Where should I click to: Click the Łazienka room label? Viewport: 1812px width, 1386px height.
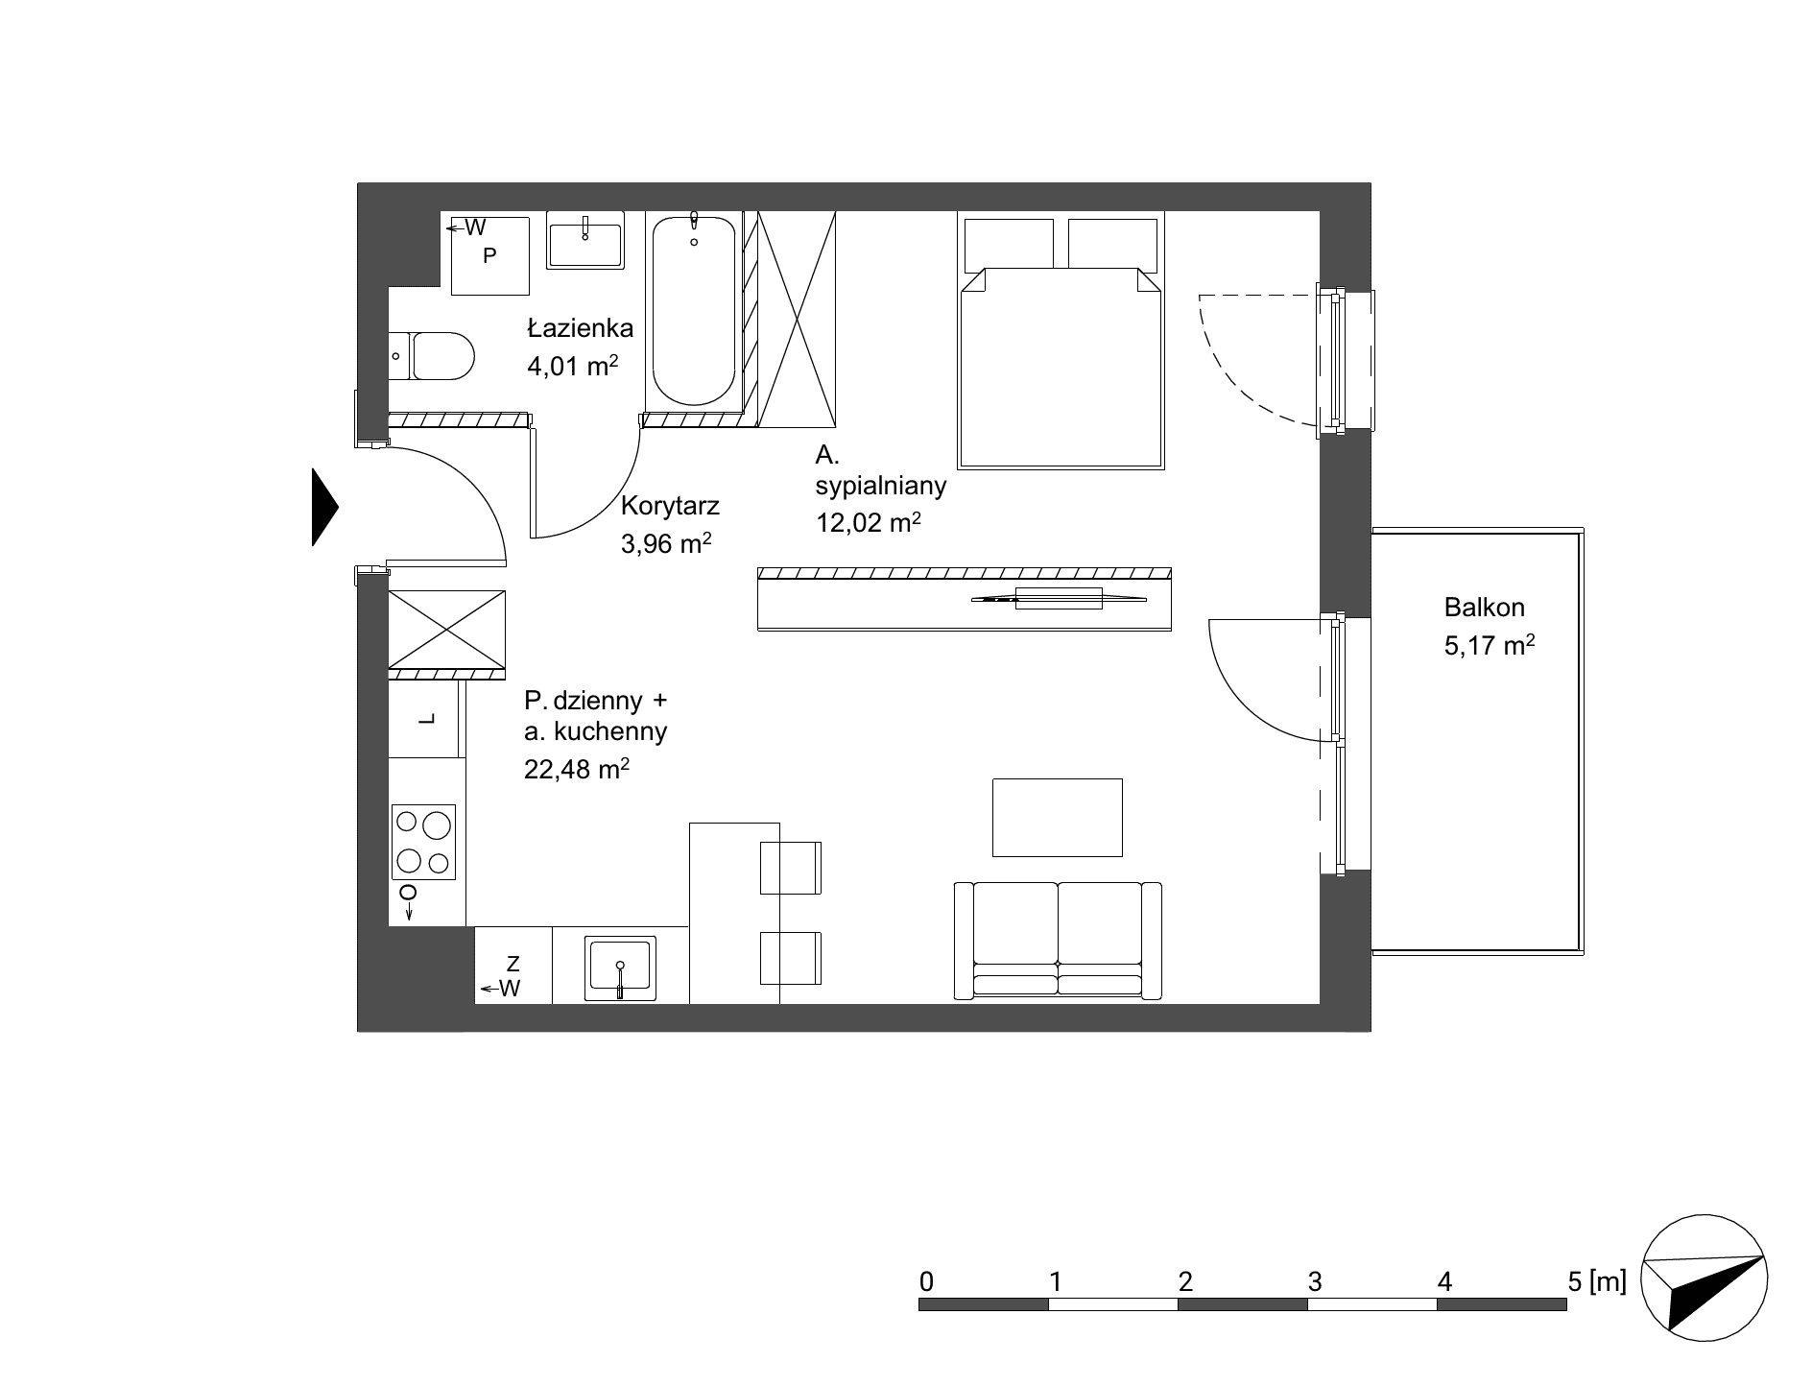pos(580,328)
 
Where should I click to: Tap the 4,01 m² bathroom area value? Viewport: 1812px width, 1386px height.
pos(572,365)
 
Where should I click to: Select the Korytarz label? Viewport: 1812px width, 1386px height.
pos(670,506)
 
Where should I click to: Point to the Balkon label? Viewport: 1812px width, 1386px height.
pos(1484,608)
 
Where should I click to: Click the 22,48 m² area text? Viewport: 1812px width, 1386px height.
pos(576,768)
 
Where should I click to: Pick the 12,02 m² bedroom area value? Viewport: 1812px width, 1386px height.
pos(869,522)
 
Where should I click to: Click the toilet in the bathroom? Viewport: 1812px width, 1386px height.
pos(432,356)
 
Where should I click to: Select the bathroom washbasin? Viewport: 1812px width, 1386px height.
pos(585,240)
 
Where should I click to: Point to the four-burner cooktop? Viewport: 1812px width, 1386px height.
pos(423,842)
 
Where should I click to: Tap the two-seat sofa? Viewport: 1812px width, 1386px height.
pos(1058,941)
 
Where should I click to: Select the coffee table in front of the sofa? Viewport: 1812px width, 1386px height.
pos(1057,817)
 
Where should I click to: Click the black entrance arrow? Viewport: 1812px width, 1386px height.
pos(325,507)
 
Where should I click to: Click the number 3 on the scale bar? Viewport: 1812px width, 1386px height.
pos(1315,1281)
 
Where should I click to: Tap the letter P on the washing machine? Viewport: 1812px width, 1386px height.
pos(489,255)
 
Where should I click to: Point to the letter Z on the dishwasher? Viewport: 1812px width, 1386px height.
pos(513,963)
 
